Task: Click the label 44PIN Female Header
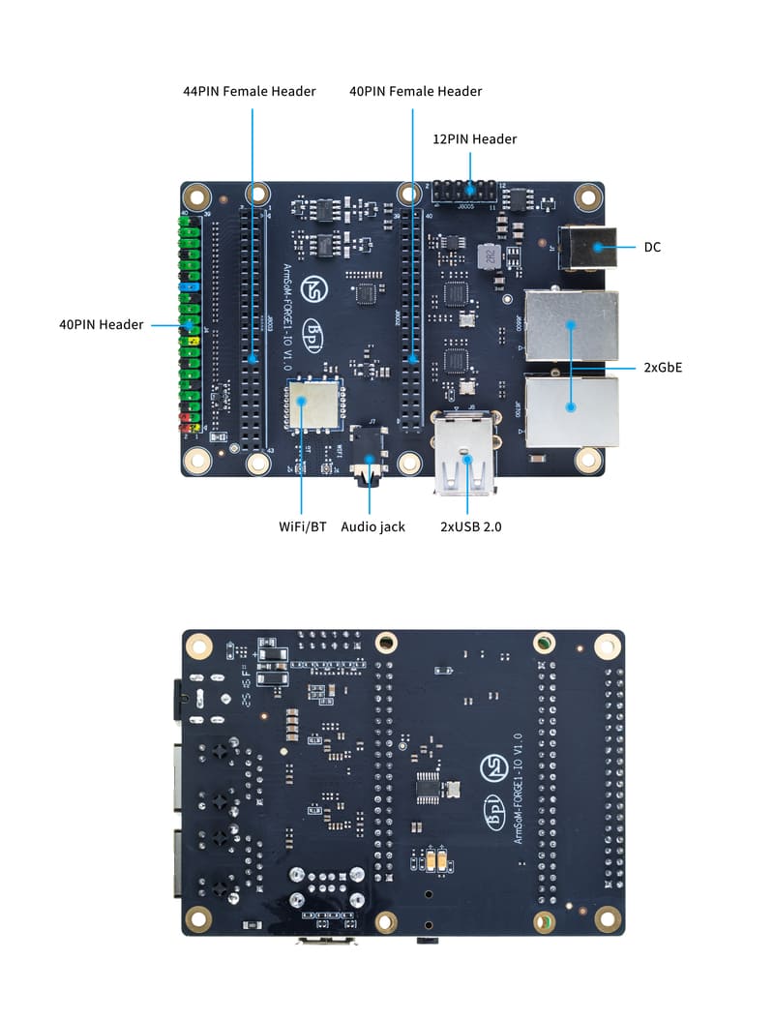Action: [x=250, y=91]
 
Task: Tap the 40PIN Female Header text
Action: [x=415, y=91]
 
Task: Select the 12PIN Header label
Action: [x=474, y=139]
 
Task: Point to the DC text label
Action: [x=653, y=248]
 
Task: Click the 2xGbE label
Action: [x=663, y=368]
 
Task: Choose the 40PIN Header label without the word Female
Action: [x=101, y=325]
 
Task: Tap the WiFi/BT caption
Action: [x=302, y=527]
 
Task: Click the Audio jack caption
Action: [x=372, y=527]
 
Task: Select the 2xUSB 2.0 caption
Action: [x=470, y=527]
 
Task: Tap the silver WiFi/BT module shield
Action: [x=314, y=405]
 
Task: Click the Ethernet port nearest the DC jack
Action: [x=571, y=324]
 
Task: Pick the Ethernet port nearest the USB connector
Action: [x=571, y=410]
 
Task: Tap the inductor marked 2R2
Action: [x=490, y=256]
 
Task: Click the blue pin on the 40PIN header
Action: [x=189, y=287]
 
